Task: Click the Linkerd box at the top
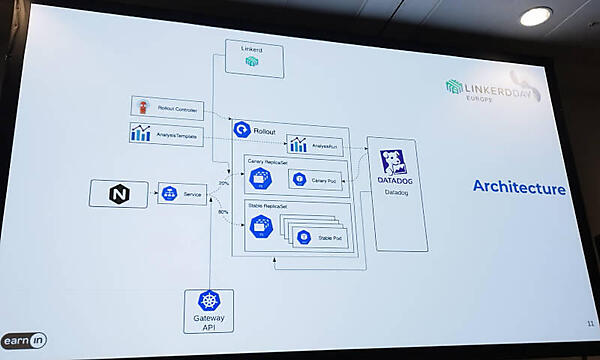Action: click(x=251, y=58)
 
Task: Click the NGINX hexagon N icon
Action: click(x=118, y=193)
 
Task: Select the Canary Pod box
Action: click(x=314, y=180)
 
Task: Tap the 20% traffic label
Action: click(x=223, y=183)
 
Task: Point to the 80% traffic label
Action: click(x=223, y=211)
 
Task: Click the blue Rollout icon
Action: click(x=241, y=129)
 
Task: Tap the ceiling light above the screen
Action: click(x=536, y=16)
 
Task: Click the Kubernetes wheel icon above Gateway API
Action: click(x=208, y=301)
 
